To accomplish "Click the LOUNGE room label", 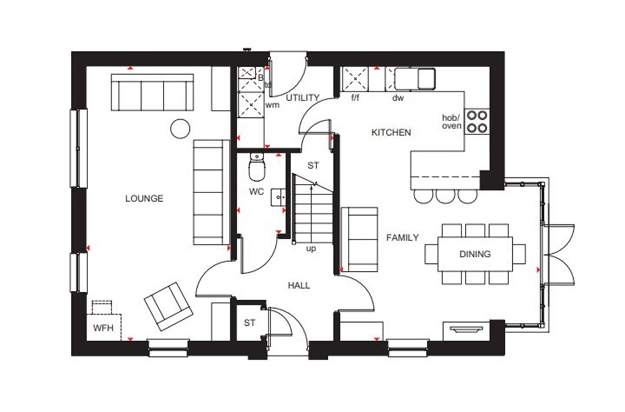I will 144,198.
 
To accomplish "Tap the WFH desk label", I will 103,328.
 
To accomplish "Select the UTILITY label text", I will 303,98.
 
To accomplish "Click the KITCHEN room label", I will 391,132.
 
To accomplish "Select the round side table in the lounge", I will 179,128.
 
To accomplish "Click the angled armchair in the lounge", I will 168,306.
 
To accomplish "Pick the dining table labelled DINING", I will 475,254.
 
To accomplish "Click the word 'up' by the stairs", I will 311,248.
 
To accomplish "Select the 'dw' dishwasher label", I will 398,98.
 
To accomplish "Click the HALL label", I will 299,285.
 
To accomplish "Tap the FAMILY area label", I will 402,237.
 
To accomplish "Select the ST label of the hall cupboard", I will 249,323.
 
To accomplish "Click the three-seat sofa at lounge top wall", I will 153,92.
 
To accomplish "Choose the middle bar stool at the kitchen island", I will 445,196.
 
